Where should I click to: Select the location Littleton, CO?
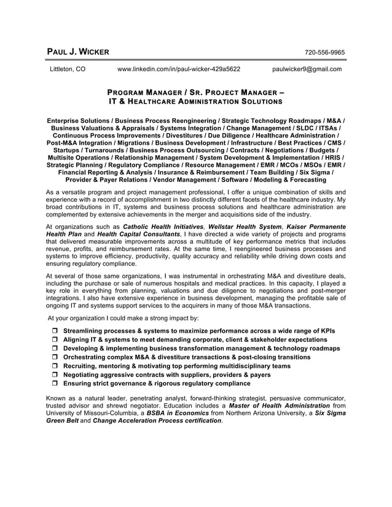pos(68,69)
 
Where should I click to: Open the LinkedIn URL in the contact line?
pos(178,69)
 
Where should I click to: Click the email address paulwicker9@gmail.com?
pos(307,69)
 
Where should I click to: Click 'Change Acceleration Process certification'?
pos(157,422)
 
